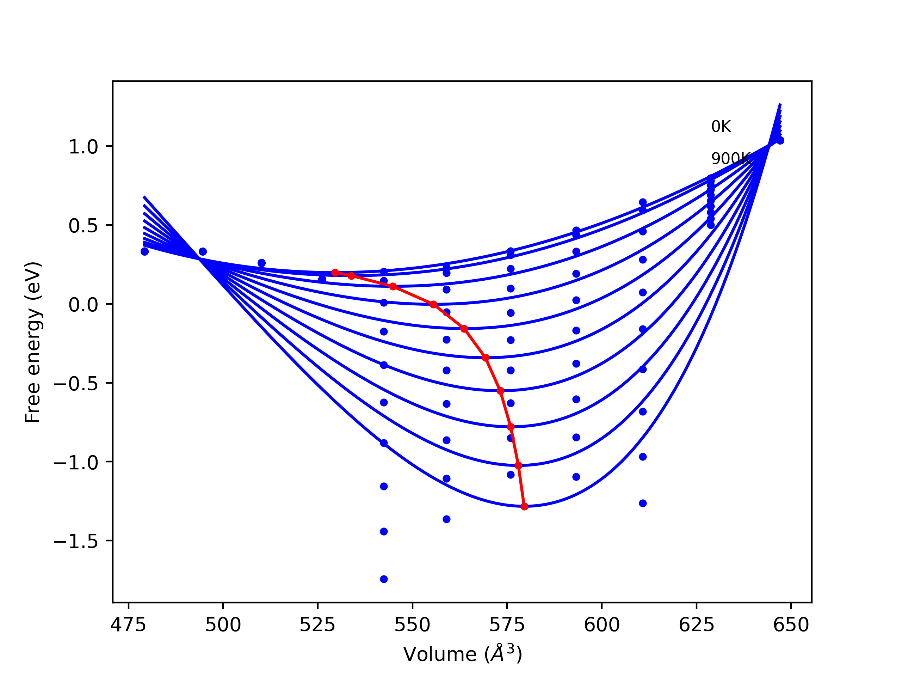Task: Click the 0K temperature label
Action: [x=721, y=127]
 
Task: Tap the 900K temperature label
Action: [x=730, y=159]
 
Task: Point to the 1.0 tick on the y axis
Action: [x=83, y=146]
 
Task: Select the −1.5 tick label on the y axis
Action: [x=76, y=541]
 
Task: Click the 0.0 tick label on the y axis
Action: [x=83, y=304]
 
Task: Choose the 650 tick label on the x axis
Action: [x=791, y=625]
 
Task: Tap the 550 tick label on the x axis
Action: [x=412, y=625]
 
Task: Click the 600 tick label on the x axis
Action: [x=601, y=625]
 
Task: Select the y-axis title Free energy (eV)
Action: [x=33, y=342]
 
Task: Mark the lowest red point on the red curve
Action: [x=524, y=506]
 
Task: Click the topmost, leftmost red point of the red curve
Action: [x=335, y=273]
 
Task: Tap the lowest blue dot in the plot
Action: [x=384, y=579]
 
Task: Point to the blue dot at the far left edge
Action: [x=144, y=251]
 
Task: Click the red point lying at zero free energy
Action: [x=433, y=304]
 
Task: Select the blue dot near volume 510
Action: [x=261, y=263]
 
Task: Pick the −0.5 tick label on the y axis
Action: [x=76, y=384]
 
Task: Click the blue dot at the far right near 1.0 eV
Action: [x=780, y=140]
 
